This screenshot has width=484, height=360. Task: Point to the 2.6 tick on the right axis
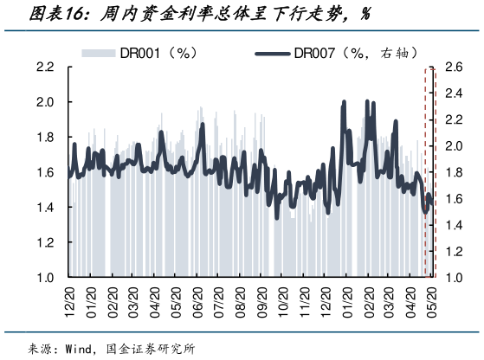click(453, 67)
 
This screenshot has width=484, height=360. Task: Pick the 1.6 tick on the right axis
click(453, 199)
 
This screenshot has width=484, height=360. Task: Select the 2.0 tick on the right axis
click(453, 146)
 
